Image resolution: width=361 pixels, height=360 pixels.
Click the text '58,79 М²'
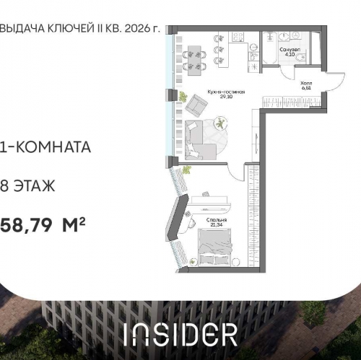43,224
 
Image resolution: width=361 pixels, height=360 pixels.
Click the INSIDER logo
180,333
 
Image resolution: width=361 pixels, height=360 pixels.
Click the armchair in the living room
197,106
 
